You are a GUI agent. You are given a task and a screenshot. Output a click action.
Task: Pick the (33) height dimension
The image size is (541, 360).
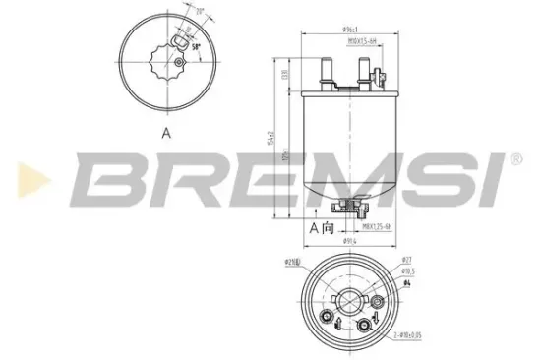coord(283,75)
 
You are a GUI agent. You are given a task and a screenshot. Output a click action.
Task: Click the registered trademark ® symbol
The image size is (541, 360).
coord(513,158)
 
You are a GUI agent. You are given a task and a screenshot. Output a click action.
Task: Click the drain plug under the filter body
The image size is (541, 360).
coord(345,206)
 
